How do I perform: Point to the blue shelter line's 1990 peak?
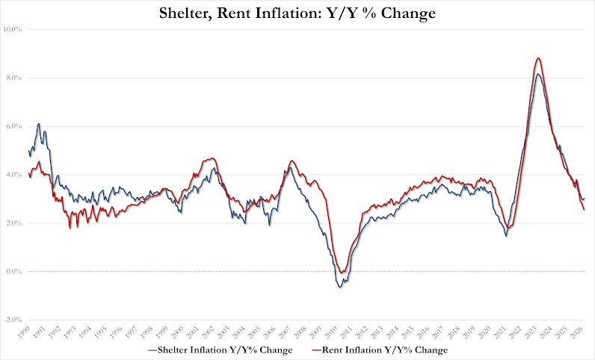coord(39,124)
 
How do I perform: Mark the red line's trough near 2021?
coord(509,228)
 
